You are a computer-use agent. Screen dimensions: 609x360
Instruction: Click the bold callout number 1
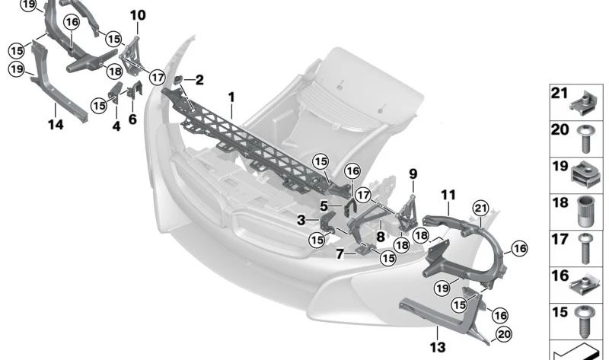[x=231, y=97]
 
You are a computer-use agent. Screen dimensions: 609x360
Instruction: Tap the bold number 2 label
[x=199, y=80]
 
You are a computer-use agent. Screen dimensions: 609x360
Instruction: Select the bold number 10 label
[x=138, y=15]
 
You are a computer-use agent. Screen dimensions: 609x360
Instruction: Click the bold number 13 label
[x=438, y=347]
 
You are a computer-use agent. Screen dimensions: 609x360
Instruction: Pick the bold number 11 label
[x=448, y=195]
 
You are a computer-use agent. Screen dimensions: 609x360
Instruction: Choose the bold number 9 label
[x=413, y=174]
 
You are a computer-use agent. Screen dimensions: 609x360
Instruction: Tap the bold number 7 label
[x=340, y=254]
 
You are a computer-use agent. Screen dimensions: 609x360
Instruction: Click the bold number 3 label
[x=301, y=220]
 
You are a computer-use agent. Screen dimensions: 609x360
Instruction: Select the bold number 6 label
[x=132, y=119]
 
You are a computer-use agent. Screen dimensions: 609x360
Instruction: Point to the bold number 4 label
[x=116, y=126]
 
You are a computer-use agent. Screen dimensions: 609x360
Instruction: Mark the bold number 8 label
[x=380, y=237]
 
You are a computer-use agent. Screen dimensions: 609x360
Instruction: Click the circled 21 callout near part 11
[x=481, y=209]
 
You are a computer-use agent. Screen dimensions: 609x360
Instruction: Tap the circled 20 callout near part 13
[x=504, y=334]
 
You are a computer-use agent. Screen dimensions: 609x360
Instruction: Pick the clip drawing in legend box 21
[x=582, y=104]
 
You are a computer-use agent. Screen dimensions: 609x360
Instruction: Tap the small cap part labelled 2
[x=179, y=80]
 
